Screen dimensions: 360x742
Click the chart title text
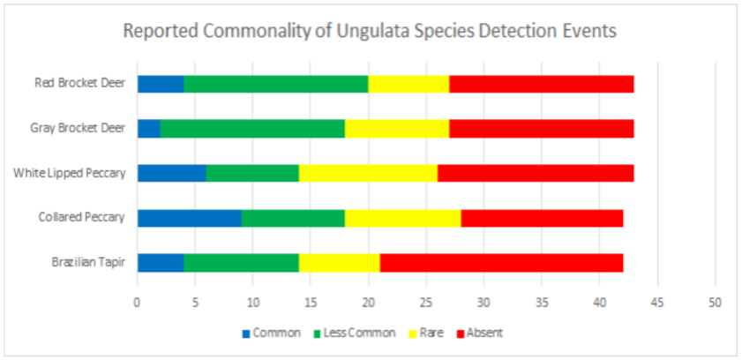click(x=370, y=30)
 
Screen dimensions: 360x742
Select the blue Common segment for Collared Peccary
click(x=189, y=217)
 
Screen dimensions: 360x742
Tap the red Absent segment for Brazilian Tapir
click(x=501, y=262)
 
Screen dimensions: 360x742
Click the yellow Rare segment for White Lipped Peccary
click(x=368, y=172)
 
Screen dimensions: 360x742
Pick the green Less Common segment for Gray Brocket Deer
click(x=252, y=128)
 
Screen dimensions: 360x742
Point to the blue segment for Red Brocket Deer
click(x=160, y=84)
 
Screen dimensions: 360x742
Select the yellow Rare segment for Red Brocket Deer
click(x=408, y=84)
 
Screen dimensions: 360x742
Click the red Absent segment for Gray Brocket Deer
click(x=541, y=128)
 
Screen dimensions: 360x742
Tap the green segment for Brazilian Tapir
click(x=241, y=262)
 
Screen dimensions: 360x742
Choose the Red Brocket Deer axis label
click(x=79, y=84)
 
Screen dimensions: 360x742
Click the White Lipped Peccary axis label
click(x=69, y=172)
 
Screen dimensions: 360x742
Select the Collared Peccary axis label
click(x=81, y=217)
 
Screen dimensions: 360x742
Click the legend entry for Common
click(x=271, y=333)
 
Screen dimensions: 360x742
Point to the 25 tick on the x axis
click(x=426, y=302)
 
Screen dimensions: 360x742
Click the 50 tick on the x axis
click(x=715, y=302)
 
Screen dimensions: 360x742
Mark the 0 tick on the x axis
click(x=138, y=302)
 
